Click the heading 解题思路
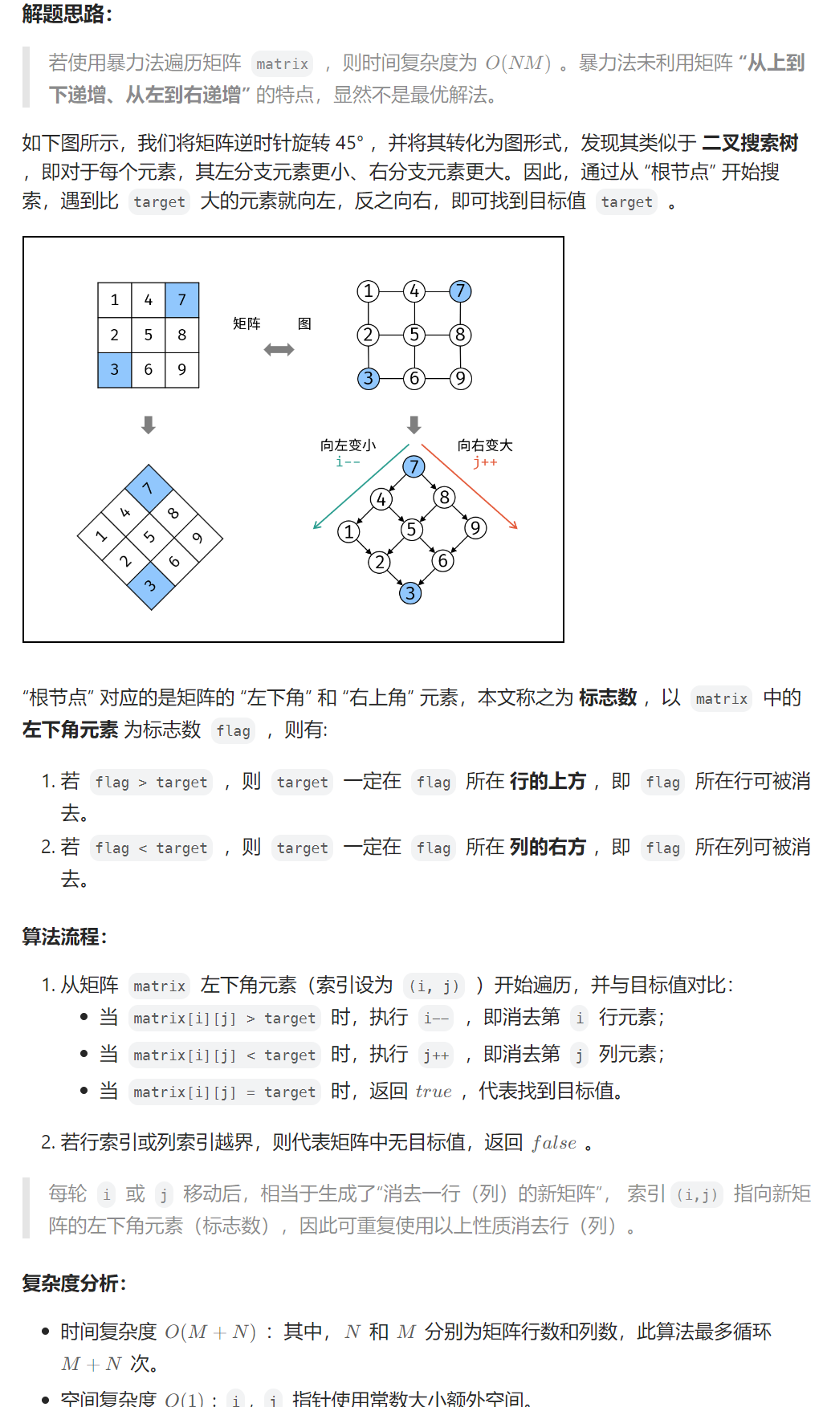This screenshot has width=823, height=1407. [x=67, y=14]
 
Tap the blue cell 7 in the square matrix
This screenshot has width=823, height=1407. [x=181, y=300]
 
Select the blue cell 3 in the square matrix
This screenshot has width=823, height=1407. [x=114, y=369]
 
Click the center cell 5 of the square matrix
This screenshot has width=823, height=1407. [x=148, y=335]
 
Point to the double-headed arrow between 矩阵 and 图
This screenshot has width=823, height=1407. [x=279, y=349]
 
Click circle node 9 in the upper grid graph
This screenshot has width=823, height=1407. [x=460, y=378]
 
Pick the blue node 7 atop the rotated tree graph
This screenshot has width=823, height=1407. [x=414, y=466]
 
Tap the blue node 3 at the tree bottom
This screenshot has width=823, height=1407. [x=410, y=593]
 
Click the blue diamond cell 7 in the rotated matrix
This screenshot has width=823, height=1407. [x=149, y=488]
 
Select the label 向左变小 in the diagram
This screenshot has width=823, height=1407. [x=348, y=445]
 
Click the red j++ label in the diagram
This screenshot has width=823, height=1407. [x=485, y=462]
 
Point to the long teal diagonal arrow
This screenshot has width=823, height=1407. [x=361, y=487]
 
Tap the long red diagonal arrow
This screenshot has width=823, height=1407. [x=470, y=487]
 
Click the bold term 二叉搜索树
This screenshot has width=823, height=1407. [x=750, y=144]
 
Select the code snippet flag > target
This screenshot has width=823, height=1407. [x=151, y=783]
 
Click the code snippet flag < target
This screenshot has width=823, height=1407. [x=151, y=848]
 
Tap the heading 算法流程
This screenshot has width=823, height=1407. [x=64, y=937]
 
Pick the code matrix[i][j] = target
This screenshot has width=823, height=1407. [x=224, y=1092]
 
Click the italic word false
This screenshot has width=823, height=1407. [x=554, y=1143]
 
